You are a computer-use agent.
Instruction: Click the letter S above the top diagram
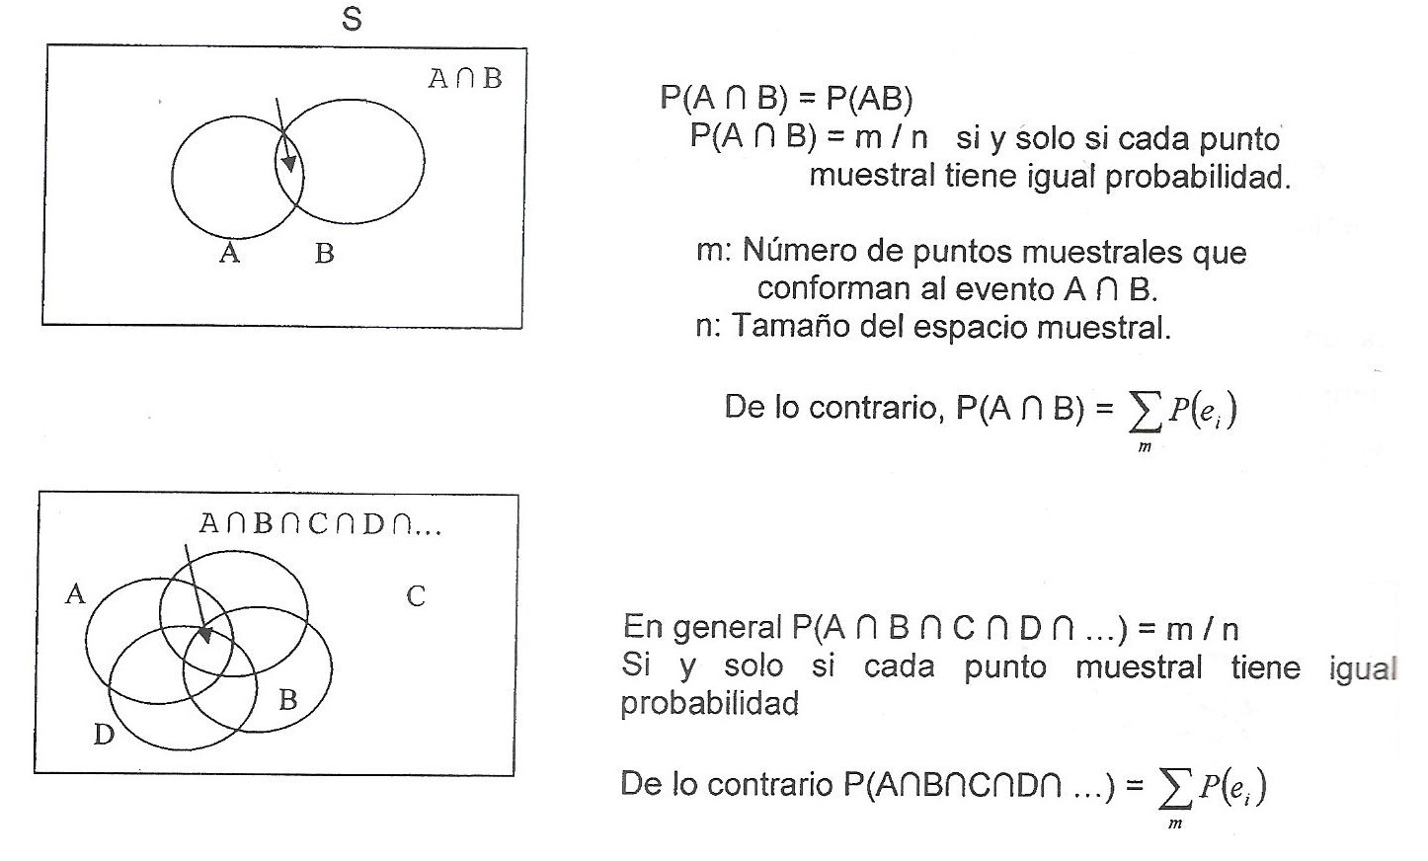[352, 19]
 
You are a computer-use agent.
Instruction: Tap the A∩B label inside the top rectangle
[464, 79]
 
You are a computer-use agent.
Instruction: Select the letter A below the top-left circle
[229, 254]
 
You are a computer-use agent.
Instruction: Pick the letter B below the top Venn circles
[324, 254]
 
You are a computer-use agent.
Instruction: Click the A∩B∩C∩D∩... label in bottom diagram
[320, 523]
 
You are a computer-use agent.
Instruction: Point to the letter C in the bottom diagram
[416, 596]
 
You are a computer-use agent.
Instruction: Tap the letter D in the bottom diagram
[104, 735]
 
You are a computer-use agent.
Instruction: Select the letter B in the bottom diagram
[288, 700]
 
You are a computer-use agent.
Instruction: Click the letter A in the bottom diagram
[75, 594]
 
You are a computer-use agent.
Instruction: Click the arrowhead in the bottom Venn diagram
[205, 632]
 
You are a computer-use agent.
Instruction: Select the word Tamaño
[791, 327]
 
